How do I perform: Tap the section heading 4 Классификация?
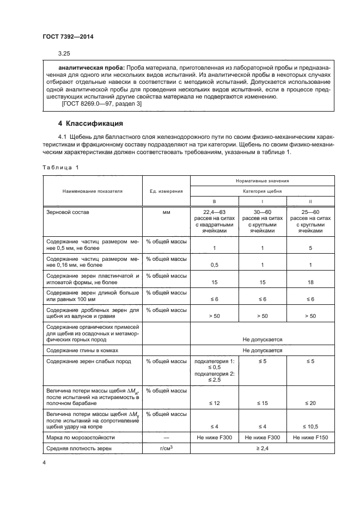(x=90, y=123)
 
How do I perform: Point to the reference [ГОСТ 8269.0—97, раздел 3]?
(x=94, y=104)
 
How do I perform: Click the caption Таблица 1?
(x=60, y=167)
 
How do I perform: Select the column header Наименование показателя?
(x=92, y=191)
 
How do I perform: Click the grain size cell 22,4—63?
(x=213, y=211)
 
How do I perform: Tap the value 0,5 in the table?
(x=213, y=265)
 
